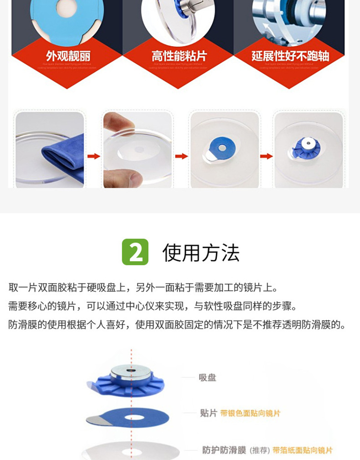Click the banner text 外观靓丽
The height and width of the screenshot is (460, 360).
click(68, 56)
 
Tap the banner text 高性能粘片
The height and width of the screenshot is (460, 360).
click(179, 56)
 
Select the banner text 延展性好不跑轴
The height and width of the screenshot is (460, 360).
click(290, 56)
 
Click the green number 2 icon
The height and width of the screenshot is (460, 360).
click(135, 252)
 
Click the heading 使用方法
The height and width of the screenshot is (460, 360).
click(201, 253)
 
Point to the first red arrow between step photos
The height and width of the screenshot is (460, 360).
click(93, 156)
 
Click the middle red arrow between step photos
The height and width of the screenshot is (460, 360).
click(181, 156)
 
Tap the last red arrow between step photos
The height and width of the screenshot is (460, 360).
click(266, 156)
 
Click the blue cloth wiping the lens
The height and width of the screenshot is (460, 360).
click(64, 157)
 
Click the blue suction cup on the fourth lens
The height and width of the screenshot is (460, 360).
click(306, 147)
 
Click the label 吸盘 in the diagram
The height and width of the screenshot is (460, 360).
click(207, 377)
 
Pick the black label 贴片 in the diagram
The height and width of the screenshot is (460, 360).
click(208, 413)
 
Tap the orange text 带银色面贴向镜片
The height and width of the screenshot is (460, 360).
click(250, 413)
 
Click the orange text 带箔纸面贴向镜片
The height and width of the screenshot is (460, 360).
click(303, 450)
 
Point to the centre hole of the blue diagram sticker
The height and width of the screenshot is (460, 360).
click(132, 417)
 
